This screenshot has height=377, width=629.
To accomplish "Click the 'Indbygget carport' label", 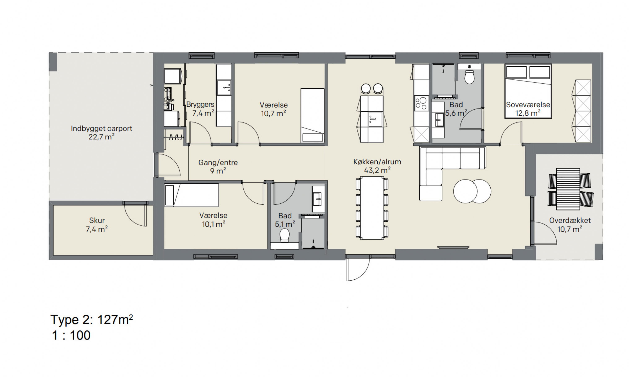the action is tap(101, 129).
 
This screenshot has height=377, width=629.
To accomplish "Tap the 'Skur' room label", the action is tap(97, 220).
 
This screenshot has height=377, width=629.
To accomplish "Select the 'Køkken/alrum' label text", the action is tap(377, 162).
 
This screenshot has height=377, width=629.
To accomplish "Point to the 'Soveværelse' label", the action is tap(528, 105).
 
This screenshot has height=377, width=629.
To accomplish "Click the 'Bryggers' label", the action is tap(200, 105).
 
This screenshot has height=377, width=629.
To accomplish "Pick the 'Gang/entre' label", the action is tap(218, 163).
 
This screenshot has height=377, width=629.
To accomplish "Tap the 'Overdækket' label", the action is tap(570, 220).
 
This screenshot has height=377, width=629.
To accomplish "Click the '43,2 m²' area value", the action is tap(377, 170).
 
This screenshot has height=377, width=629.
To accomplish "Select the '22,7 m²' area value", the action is tap(101, 137).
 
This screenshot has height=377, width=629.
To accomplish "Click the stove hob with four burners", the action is tap(421, 103).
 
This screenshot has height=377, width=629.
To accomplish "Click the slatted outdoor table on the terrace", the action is tap(568, 189).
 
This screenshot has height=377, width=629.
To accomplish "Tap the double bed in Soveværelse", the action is tap(528, 91).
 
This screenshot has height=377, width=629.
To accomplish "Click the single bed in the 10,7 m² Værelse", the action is tap(312, 116).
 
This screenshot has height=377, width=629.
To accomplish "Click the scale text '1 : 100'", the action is tap(71, 335).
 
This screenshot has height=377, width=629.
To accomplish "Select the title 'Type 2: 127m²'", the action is tap(92, 320).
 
